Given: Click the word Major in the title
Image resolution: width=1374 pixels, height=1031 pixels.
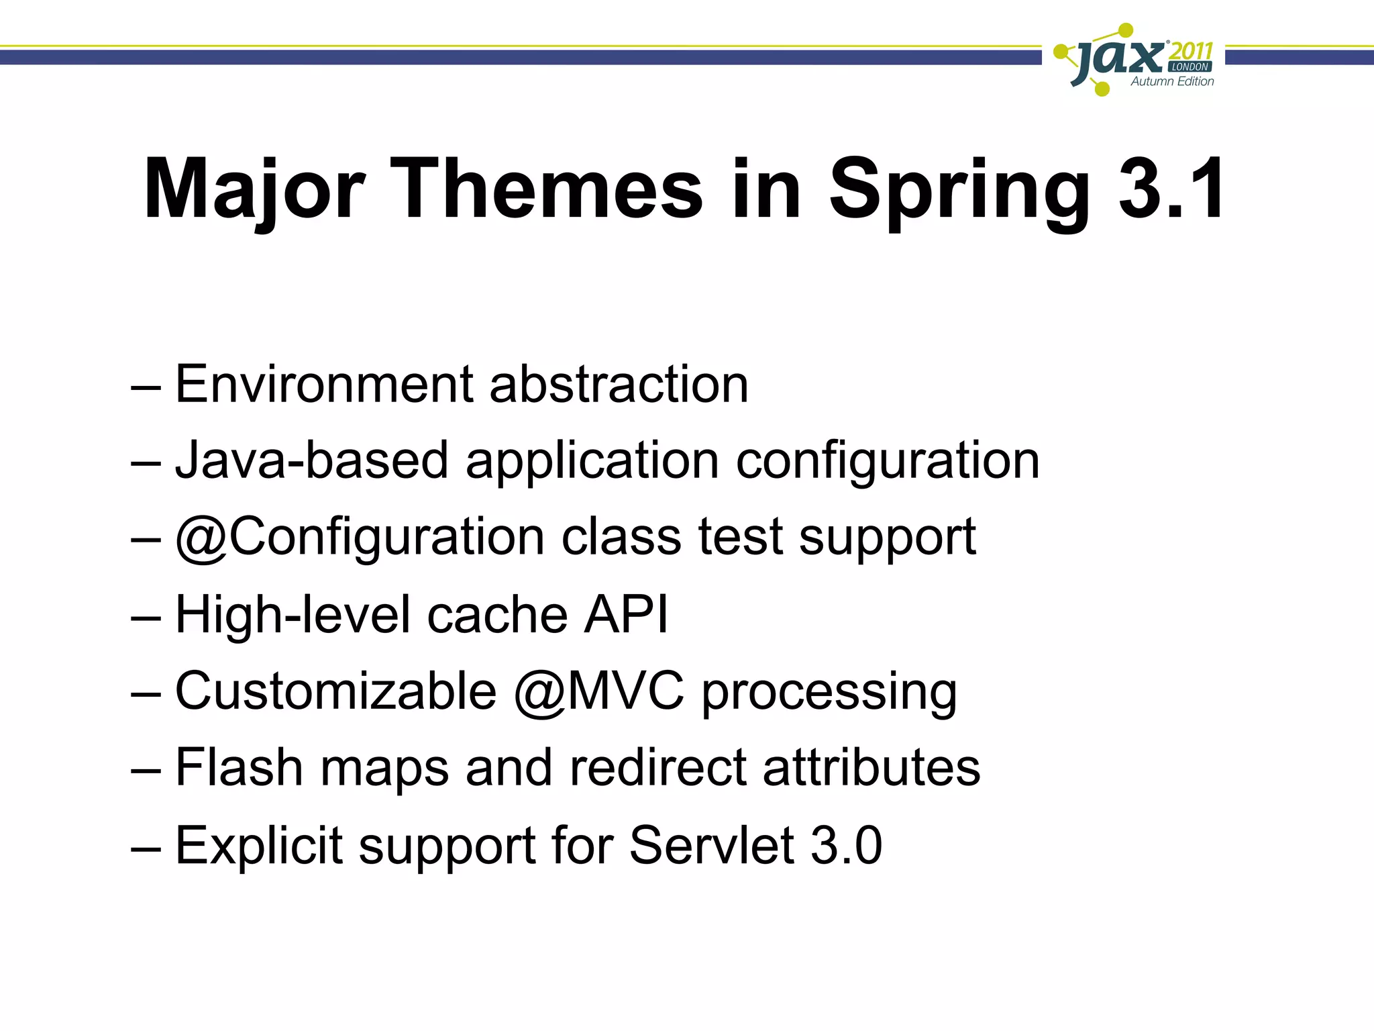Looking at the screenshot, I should (254, 189).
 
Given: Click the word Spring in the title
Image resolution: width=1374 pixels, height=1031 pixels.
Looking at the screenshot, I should (960, 189).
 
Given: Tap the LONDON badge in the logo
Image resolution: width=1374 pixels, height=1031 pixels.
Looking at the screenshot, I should (1190, 67).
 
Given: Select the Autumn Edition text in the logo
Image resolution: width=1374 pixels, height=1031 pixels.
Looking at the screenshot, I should (1172, 81).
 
